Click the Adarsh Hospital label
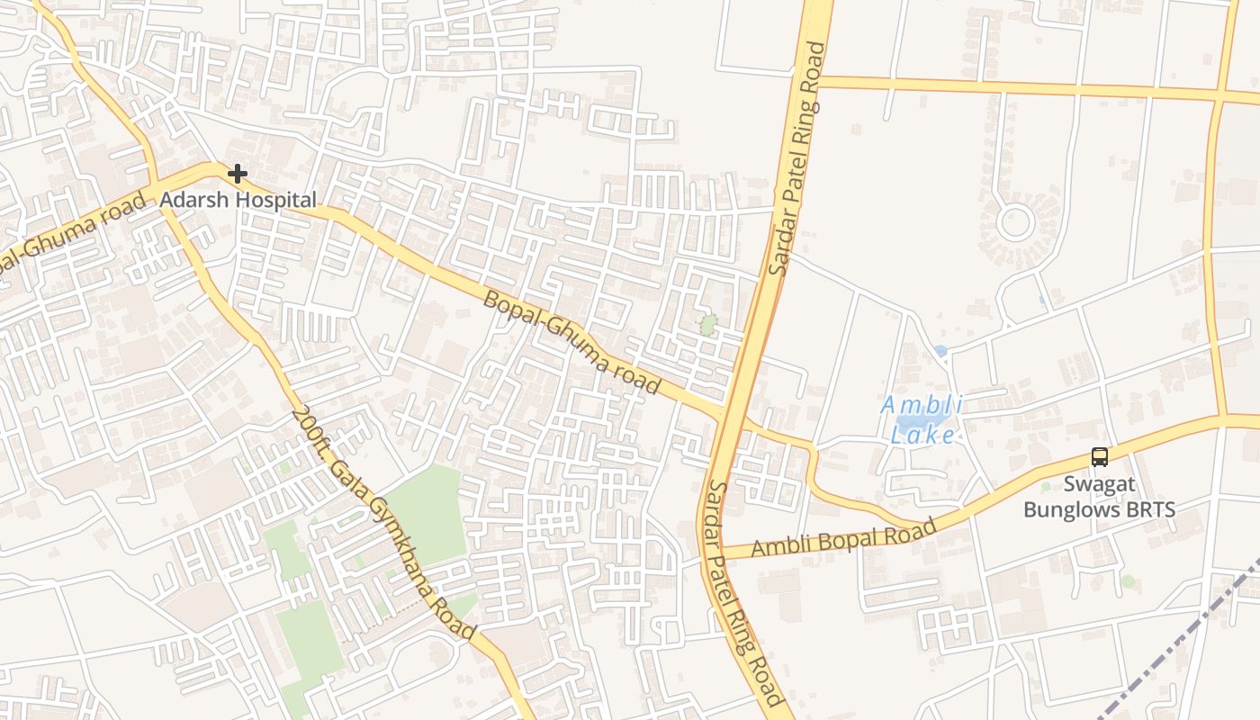pos(238,200)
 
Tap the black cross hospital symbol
pos(238,173)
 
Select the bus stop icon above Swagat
pos(1099,457)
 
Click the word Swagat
pos(1099,484)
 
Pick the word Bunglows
pos(1067,509)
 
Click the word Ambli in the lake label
pos(921,405)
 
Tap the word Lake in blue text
pos(922,435)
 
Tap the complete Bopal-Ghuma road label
pos(571,342)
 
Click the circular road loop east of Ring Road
pos(1015,221)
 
